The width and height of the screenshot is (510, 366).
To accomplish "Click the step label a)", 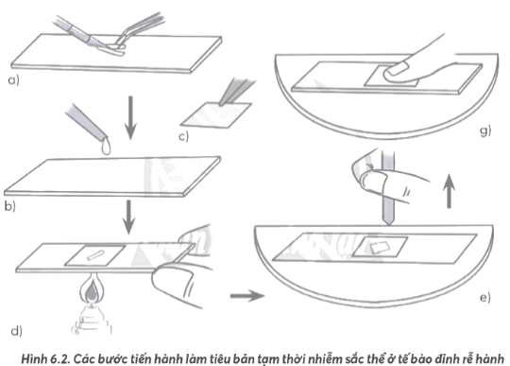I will (12, 82).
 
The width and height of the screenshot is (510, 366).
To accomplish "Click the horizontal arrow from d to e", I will (246, 297).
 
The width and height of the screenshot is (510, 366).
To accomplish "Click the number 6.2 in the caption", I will (51, 356).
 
